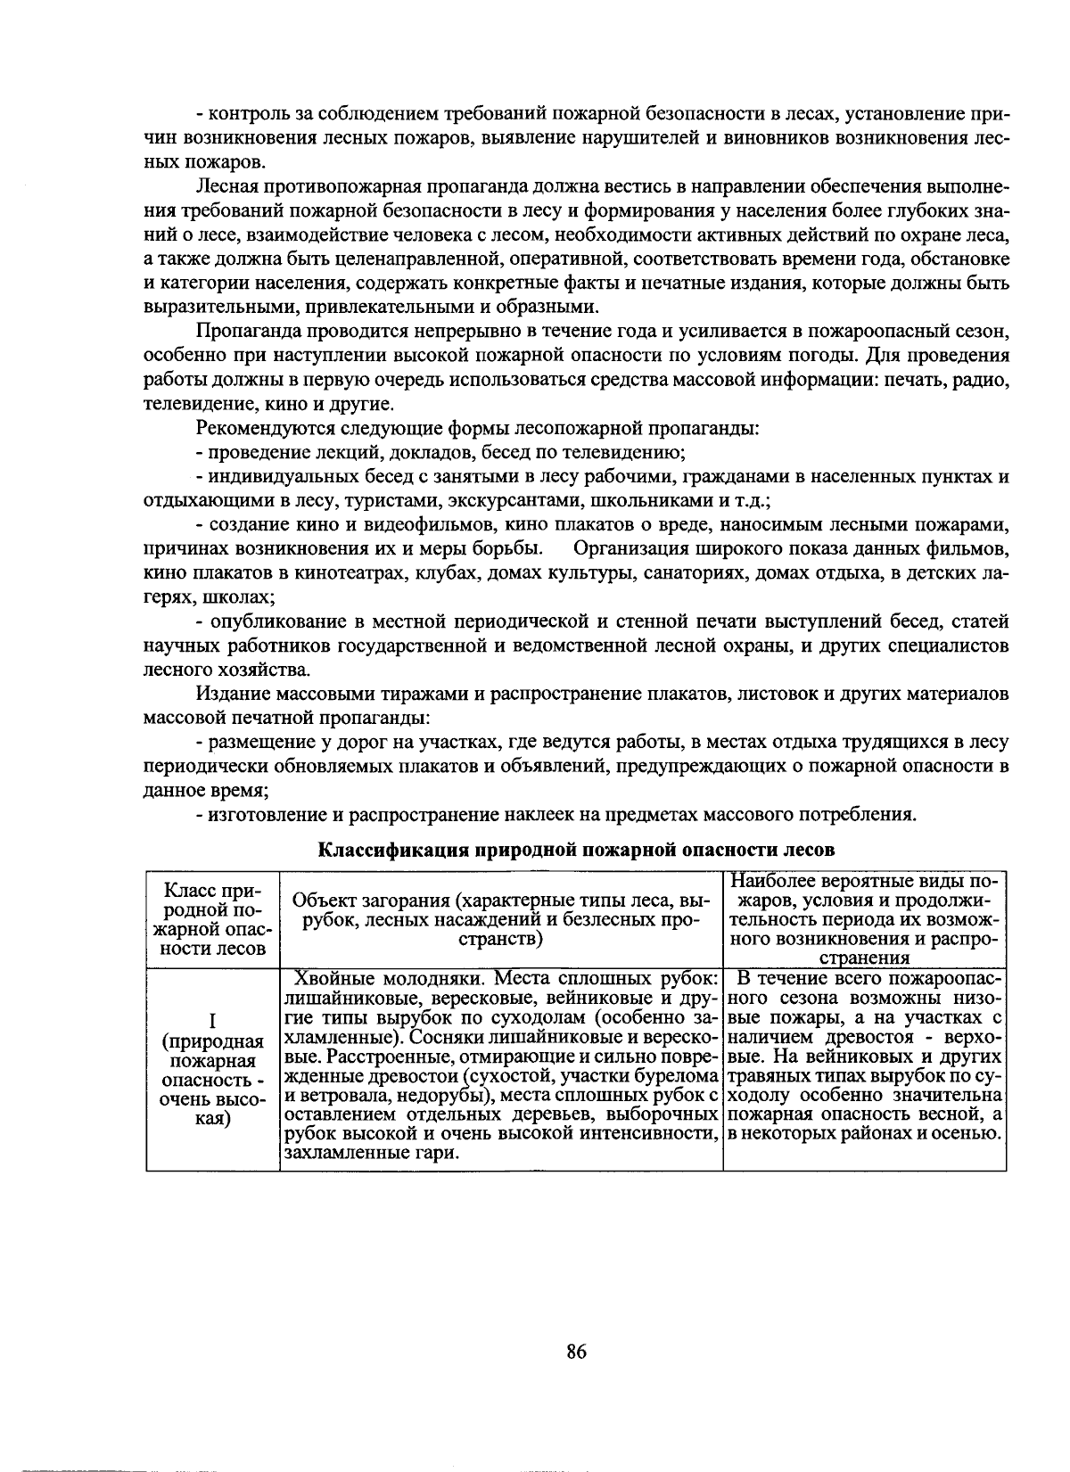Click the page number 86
tap(576, 1352)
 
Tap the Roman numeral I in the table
tap(213, 1020)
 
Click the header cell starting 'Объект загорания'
tap(500, 918)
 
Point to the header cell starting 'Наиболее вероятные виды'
tap(864, 918)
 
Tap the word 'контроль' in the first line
tap(243, 114)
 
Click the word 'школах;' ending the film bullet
tap(238, 596)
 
